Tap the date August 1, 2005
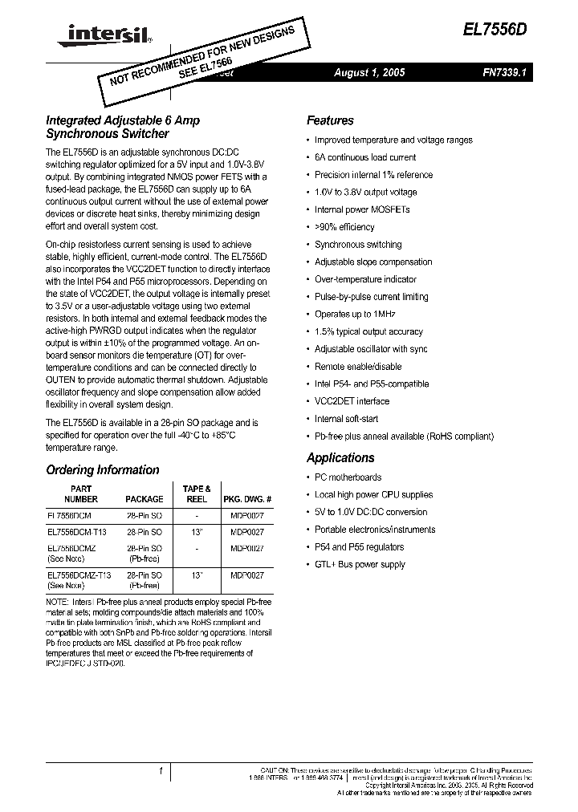tap(369, 73)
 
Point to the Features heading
tap(330, 121)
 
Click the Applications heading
tap(340, 458)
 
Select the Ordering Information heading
tap(103, 470)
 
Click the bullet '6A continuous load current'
tap(364, 158)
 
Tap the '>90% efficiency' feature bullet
tap(344, 228)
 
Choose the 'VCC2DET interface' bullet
tap(352, 401)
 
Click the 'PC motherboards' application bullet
tap(348, 477)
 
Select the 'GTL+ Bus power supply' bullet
tap(360, 565)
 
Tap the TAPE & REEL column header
tap(196, 493)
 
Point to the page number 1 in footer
tap(161, 771)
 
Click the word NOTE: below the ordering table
tap(58, 602)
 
